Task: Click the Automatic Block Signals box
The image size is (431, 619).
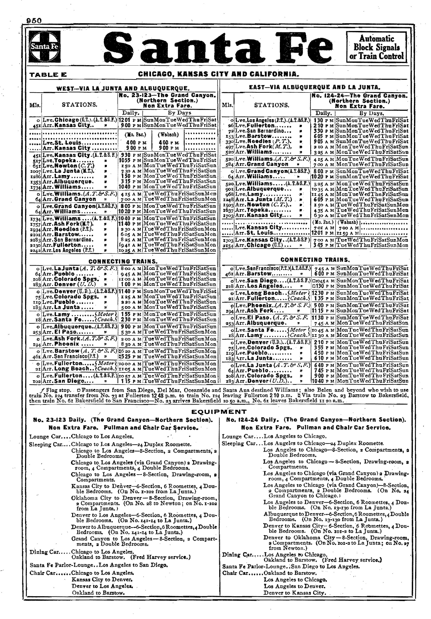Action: (376, 47)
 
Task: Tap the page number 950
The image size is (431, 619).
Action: (34, 21)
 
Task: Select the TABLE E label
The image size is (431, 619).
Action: (48, 75)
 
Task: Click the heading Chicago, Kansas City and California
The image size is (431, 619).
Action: (218, 74)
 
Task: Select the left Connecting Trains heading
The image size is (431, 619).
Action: (123, 261)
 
